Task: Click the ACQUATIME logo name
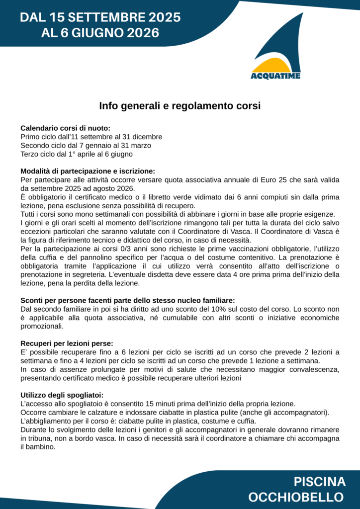pyautogui.click(x=275, y=76)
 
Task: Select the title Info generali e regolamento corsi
pyautogui.click(x=180, y=106)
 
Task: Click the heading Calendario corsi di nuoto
pyautogui.click(x=65, y=128)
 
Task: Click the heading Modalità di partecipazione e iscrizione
pyautogui.click(x=88, y=171)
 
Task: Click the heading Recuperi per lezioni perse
pyautogui.click(x=67, y=343)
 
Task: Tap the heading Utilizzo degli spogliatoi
pyautogui.click(x=62, y=395)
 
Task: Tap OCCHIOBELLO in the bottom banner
pyautogui.click(x=296, y=497)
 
